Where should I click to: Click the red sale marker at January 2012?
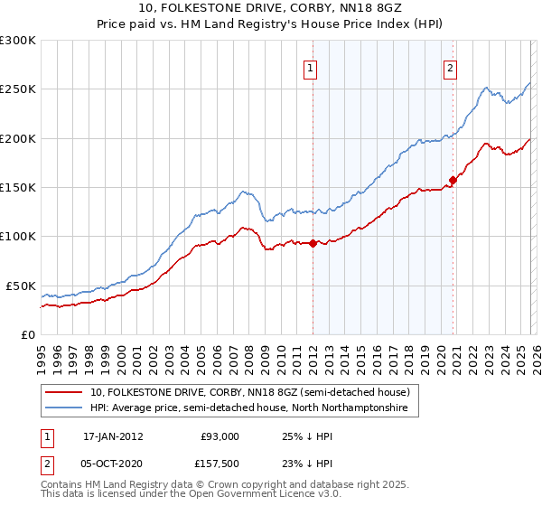pos(313,243)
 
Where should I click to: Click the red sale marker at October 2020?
pos(453,180)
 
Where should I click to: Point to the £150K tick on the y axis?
pos(18,187)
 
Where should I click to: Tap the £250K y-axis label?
pos(18,89)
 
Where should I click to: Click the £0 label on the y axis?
pos(27,334)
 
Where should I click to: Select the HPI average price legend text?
pos(249,408)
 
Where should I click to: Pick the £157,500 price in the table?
pos(220,463)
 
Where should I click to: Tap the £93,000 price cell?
pos(220,436)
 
